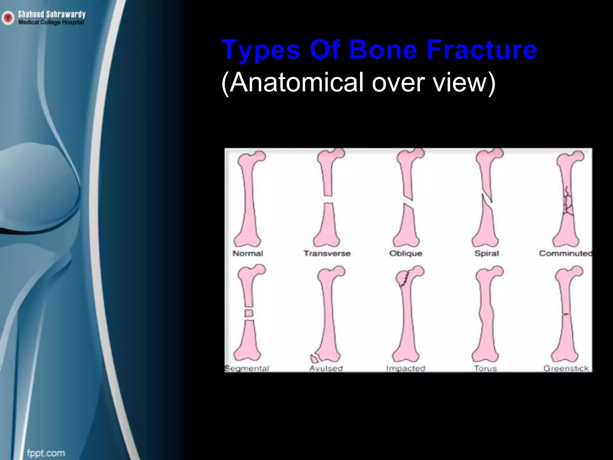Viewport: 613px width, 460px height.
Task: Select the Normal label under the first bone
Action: click(x=248, y=253)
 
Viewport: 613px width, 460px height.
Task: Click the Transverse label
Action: click(x=327, y=253)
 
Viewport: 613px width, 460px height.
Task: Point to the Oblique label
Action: click(x=406, y=253)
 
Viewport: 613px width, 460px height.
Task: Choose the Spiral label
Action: click(x=487, y=253)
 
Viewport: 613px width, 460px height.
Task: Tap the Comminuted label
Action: click(x=565, y=253)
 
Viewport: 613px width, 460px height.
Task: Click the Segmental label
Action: click(x=247, y=368)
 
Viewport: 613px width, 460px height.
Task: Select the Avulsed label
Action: click(x=326, y=368)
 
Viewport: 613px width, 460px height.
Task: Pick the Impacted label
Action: click(x=406, y=368)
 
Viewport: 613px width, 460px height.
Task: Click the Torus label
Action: click(x=485, y=368)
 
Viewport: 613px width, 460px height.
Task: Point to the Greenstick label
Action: click(x=566, y=368)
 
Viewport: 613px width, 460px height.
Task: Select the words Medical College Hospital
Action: click(x=51, y=22)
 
